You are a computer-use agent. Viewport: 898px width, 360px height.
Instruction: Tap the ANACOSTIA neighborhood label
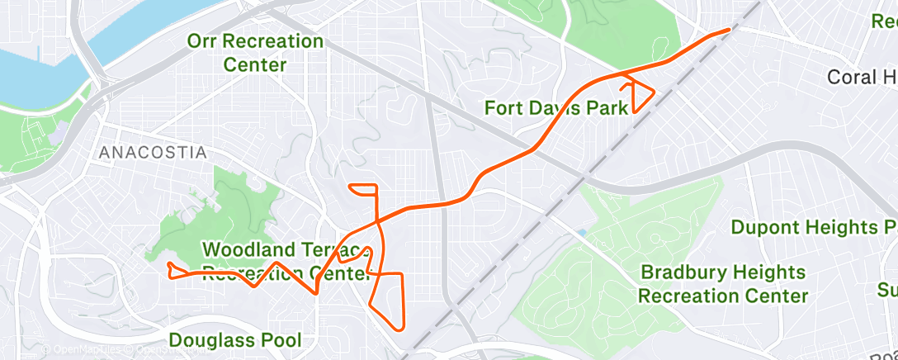point(153,153)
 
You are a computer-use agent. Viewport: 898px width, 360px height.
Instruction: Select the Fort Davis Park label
point(555,107)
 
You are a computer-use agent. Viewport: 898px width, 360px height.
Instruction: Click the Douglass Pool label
point(234,339)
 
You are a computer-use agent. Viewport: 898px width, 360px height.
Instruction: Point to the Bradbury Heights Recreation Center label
point(723,283)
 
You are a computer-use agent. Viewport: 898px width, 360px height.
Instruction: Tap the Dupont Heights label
point(814,227)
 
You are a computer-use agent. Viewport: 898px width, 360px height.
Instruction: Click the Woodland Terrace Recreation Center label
point(285,261)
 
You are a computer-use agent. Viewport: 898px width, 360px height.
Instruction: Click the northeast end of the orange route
point(729,30)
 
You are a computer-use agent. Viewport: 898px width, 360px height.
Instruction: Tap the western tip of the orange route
point(168,264)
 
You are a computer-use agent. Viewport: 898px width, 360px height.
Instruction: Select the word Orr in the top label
point(204,40)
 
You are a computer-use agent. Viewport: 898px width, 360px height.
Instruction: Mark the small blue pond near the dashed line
point(583,234)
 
